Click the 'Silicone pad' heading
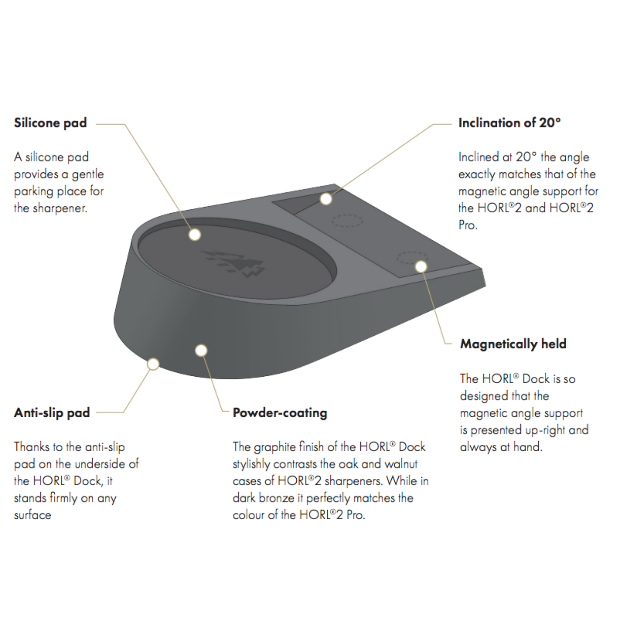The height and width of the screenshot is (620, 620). pos(50,123)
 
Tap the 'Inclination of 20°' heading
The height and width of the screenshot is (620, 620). pos(509,123)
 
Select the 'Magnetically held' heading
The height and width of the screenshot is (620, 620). pos(513,344)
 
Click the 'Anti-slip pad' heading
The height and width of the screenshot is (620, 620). pos(52,413)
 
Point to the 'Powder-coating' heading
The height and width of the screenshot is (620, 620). pos(280,413)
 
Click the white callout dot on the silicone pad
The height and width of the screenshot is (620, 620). pos(195,235)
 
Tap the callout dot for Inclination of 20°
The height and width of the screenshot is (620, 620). pos(326,199)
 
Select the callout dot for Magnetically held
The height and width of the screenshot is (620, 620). pos(421,266)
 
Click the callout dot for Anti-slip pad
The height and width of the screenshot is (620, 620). pos(153,364)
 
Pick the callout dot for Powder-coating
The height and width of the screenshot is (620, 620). pos(201,350)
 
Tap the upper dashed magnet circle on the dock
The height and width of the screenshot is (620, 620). pos(347,221)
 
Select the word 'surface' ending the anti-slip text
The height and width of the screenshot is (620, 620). pos(32,515)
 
